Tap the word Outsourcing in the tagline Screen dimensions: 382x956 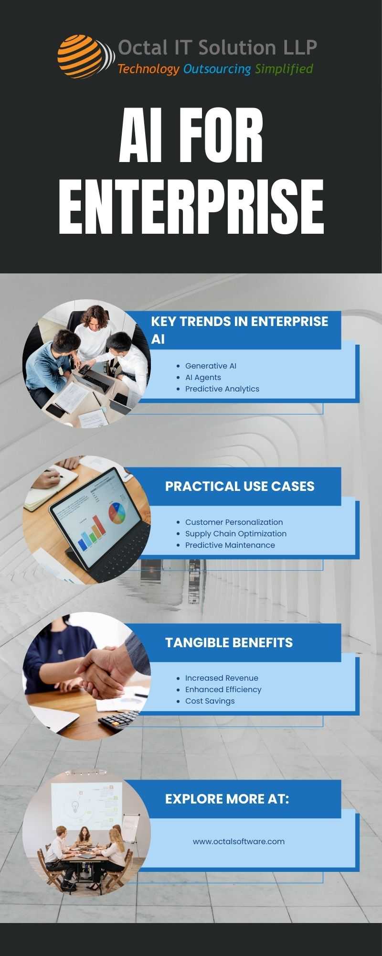coord(217,69)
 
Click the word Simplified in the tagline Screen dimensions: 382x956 coord(284,69)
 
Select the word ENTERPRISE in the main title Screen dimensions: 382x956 coord(191,207)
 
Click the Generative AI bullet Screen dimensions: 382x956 coord(211,366)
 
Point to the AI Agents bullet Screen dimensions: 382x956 coord(203,377)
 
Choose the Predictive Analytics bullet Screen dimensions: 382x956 coord(222,389)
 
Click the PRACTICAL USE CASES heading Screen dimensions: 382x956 coord(240,486)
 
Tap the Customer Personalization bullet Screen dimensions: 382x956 coord(234,522)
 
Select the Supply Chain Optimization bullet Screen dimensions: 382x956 coord(236,533)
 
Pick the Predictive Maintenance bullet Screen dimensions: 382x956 coord(230,545)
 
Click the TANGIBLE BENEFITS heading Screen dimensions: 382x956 coord(229,642)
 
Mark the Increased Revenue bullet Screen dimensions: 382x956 coord(222,678)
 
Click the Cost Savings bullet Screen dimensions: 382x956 coord(210,701)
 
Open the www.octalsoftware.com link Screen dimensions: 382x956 coord(239,841)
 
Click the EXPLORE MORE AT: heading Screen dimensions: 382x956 coord(227,799)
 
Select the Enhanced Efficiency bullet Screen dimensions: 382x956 coord(223,689)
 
